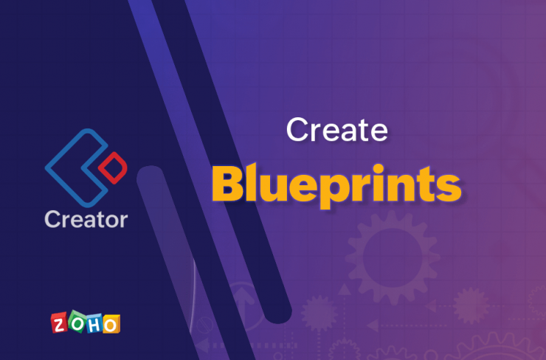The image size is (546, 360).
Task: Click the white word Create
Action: coord(336,130)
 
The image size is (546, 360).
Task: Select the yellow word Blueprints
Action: coord(336,184)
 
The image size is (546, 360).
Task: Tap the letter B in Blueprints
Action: coord(227,184)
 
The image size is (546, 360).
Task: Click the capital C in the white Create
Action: coord(297,130)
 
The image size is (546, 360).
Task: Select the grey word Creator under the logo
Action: coord(86,219)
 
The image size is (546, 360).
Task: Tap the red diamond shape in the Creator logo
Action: coord(113,167)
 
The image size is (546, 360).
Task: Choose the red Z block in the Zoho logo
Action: coord(59,324)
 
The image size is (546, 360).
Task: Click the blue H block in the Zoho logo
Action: coord(94,325)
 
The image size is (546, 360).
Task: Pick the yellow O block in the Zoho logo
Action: coord(111,325)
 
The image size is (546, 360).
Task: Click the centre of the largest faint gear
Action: coord(393,257)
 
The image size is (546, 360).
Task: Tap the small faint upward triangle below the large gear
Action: coord(344,289)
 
